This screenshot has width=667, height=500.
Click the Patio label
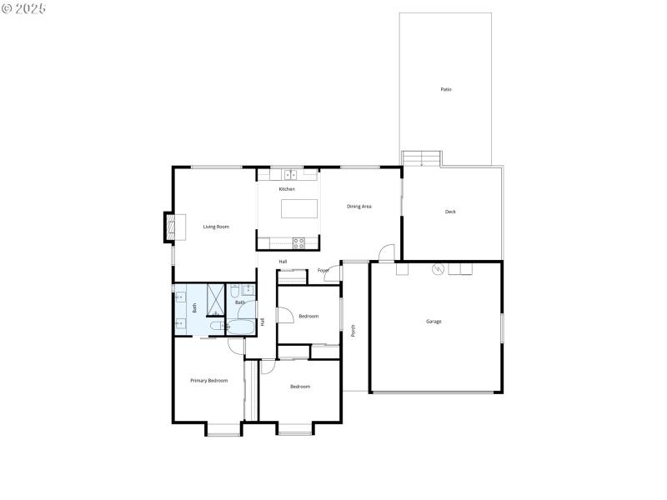(x=446, y=89)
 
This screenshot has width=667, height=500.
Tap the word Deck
(x=450, y=212)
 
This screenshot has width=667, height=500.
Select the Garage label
(x=434, y=321)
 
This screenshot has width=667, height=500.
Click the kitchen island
(x=299, y=208)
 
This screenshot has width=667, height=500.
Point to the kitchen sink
(x=290, y=174)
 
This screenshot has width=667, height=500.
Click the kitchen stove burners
(x=299, y=243)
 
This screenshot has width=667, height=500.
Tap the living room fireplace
(x=170, y=227)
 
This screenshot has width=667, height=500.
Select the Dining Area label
(x=359, y=206)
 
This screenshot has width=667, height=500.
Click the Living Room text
(x=216, y=227)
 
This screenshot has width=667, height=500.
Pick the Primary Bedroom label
(x=208, y=381)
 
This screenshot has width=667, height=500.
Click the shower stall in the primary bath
(x=215, y=297)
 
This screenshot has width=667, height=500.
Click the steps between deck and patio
(x=421, y=158)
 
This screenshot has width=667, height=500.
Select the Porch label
(x=354, y=331)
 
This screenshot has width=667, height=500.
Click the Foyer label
(x=323, y=270)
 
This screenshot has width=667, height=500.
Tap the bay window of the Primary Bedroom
(x=223, y=430)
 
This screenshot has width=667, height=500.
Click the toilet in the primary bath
(x=216, y=327)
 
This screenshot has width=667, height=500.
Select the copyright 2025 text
(x=24, y=7)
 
